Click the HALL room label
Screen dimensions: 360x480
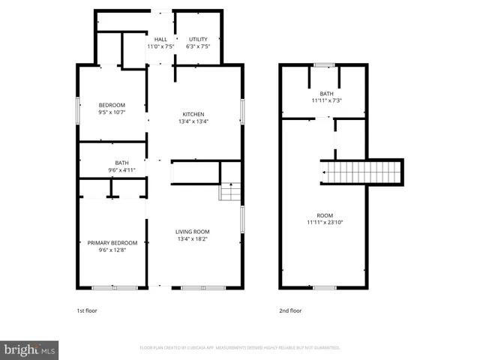pyautogui.click(x=160, y=40)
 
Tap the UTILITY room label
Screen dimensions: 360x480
pyautogui.click(x=198, y=40)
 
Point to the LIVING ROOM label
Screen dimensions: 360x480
pyautogui.click(x=193, y=232)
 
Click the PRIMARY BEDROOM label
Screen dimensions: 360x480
pyautogui.click(x=112, y=243)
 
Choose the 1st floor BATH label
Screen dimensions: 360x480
pyautogui.click(x=121, y=163)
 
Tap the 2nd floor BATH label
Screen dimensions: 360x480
pyautogui.click(x=326, y=94)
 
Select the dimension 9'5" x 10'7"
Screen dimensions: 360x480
pyautogui.click(x=112, y=112)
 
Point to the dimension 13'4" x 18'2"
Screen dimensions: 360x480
pyautogui.click(x=193, y=240)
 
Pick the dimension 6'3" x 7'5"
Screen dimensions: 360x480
pyautogui.click(x=198, y=46)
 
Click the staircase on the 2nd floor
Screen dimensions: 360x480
pyautogui.click(x=361, y=172)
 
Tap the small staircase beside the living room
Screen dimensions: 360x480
pyautogui.click(x=230, y=193)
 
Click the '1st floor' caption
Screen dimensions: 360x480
pyautogui.click(x=87, y=310)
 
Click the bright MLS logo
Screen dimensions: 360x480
pyautogui.click(x=30, y=349)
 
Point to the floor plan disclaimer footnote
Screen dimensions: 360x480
pyautogui.click(x=240, y=348)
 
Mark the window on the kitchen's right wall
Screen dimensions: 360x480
pyautogui.click(x=242, y=111)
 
